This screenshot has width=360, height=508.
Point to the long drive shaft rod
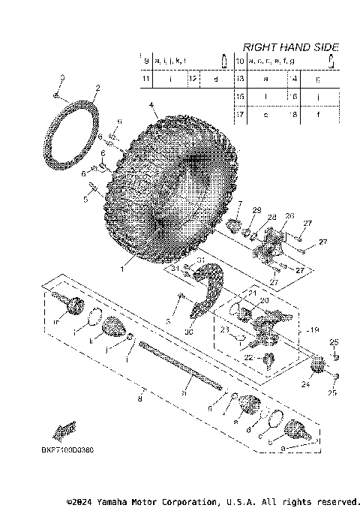[x=180, y=367]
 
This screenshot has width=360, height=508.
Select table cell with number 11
[x=146, y=78]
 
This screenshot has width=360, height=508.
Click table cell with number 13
[x=241, y=78]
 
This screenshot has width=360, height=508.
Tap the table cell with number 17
[x=241, y=115]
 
